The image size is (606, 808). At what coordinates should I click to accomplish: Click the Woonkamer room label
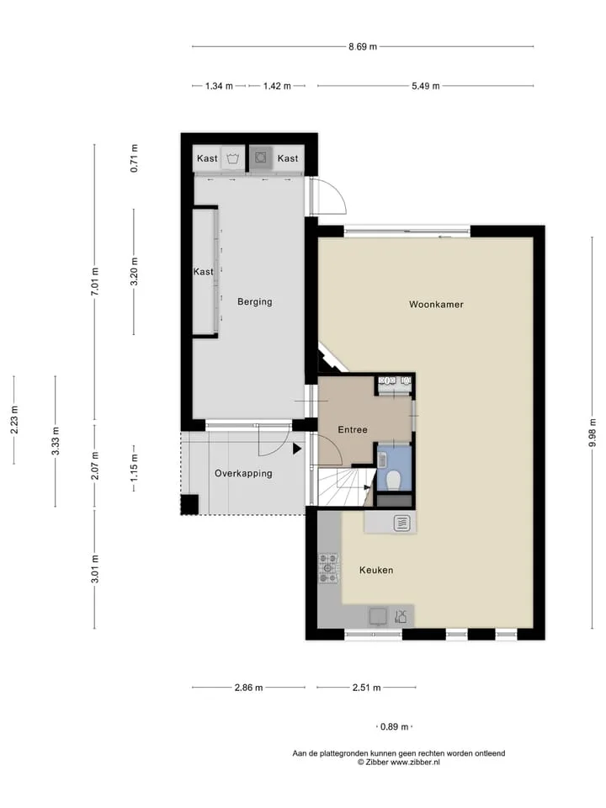pyautogui.click(x=436, y=305)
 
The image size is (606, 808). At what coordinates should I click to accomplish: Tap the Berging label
pyautogui.click(x=254, y=301)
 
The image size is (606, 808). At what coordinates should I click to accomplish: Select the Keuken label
pyautogui.click(x=376, y=570)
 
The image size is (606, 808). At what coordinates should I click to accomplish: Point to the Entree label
pyautogui.click(x=353, y=429)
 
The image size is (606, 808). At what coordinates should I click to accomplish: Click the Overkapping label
pyautogui.click(x=243, y=473)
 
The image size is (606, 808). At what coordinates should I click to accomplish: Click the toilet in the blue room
pyautogui.click(x=394, y=481)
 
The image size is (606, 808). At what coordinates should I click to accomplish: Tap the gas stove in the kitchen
pyautogui.click(x=328, y=568)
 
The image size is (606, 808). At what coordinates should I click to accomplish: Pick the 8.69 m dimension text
pyautogui.click(x=363, y=47)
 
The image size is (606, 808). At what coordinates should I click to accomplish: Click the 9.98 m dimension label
pyautogui.click(x=592, y=433)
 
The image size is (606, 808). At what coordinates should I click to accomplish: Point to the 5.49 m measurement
pyautogui.click(x=426, y=86)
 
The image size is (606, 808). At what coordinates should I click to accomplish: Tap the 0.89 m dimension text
pyautogui.click(x=394, y=726)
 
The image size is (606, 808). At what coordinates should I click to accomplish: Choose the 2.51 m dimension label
pyautogui.click(x=366, y=688)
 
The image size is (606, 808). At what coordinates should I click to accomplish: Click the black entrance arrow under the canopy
pyautogui.click(x=297, y=449)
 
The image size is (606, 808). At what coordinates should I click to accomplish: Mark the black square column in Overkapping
pyautogui.click(x=189, y=504)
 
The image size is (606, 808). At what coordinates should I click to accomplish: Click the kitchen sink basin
pyautogui.click(x=378, y=616)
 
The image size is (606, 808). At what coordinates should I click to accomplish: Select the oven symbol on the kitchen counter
pyautogui.click(x=402, y=524)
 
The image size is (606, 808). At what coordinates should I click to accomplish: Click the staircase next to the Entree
pyautogui.click(x=343, y=487)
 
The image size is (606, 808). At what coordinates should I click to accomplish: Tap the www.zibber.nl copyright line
pyautogui.click(x=399, y=763)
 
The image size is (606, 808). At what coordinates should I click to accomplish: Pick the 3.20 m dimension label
pyautogui.click(x=134, y=272)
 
